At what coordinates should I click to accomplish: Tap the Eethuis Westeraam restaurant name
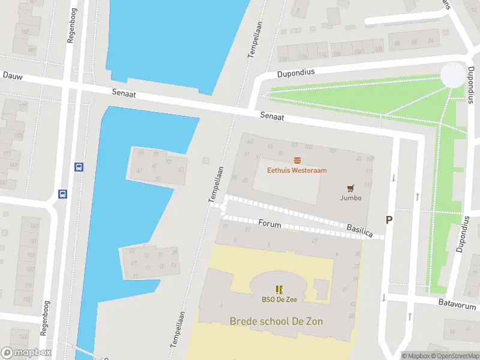(297, 170)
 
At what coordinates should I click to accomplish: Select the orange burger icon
(297, 160)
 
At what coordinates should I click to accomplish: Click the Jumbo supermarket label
(351, 198)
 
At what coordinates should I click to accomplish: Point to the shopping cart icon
(351, 188)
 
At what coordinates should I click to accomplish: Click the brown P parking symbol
(389, 220)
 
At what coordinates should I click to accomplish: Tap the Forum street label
(270, 223)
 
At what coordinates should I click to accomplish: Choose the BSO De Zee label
(280, 299)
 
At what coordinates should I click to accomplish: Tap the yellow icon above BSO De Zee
(280, 289)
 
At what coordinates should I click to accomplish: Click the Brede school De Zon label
(276, 322)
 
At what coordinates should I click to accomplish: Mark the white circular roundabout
(453, 74)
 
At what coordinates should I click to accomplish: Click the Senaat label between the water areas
(124, 93)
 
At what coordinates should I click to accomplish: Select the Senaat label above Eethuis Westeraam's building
(272, 116)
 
